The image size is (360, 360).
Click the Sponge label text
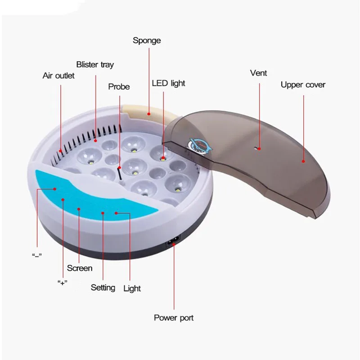click(146, 40)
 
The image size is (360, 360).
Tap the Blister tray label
click(95, 64)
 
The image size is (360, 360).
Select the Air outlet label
click(58, 76)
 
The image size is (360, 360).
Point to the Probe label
click(119, 86)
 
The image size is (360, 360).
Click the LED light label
click(168, 83)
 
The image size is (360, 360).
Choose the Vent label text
click(258, 73)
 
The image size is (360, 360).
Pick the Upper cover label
click(303, 85)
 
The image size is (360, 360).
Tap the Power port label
click(174, 318)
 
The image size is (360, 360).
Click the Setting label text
click(103, 287)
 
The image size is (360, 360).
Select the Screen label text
click(80, 268)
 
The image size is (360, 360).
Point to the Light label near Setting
click(132, 288)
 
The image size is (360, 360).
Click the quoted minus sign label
click(37, 255)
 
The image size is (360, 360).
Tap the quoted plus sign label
click(63, 283)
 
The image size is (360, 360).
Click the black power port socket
click(173, 243)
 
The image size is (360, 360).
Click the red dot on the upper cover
click(303, 161)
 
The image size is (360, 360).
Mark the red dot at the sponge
click(148, 114)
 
